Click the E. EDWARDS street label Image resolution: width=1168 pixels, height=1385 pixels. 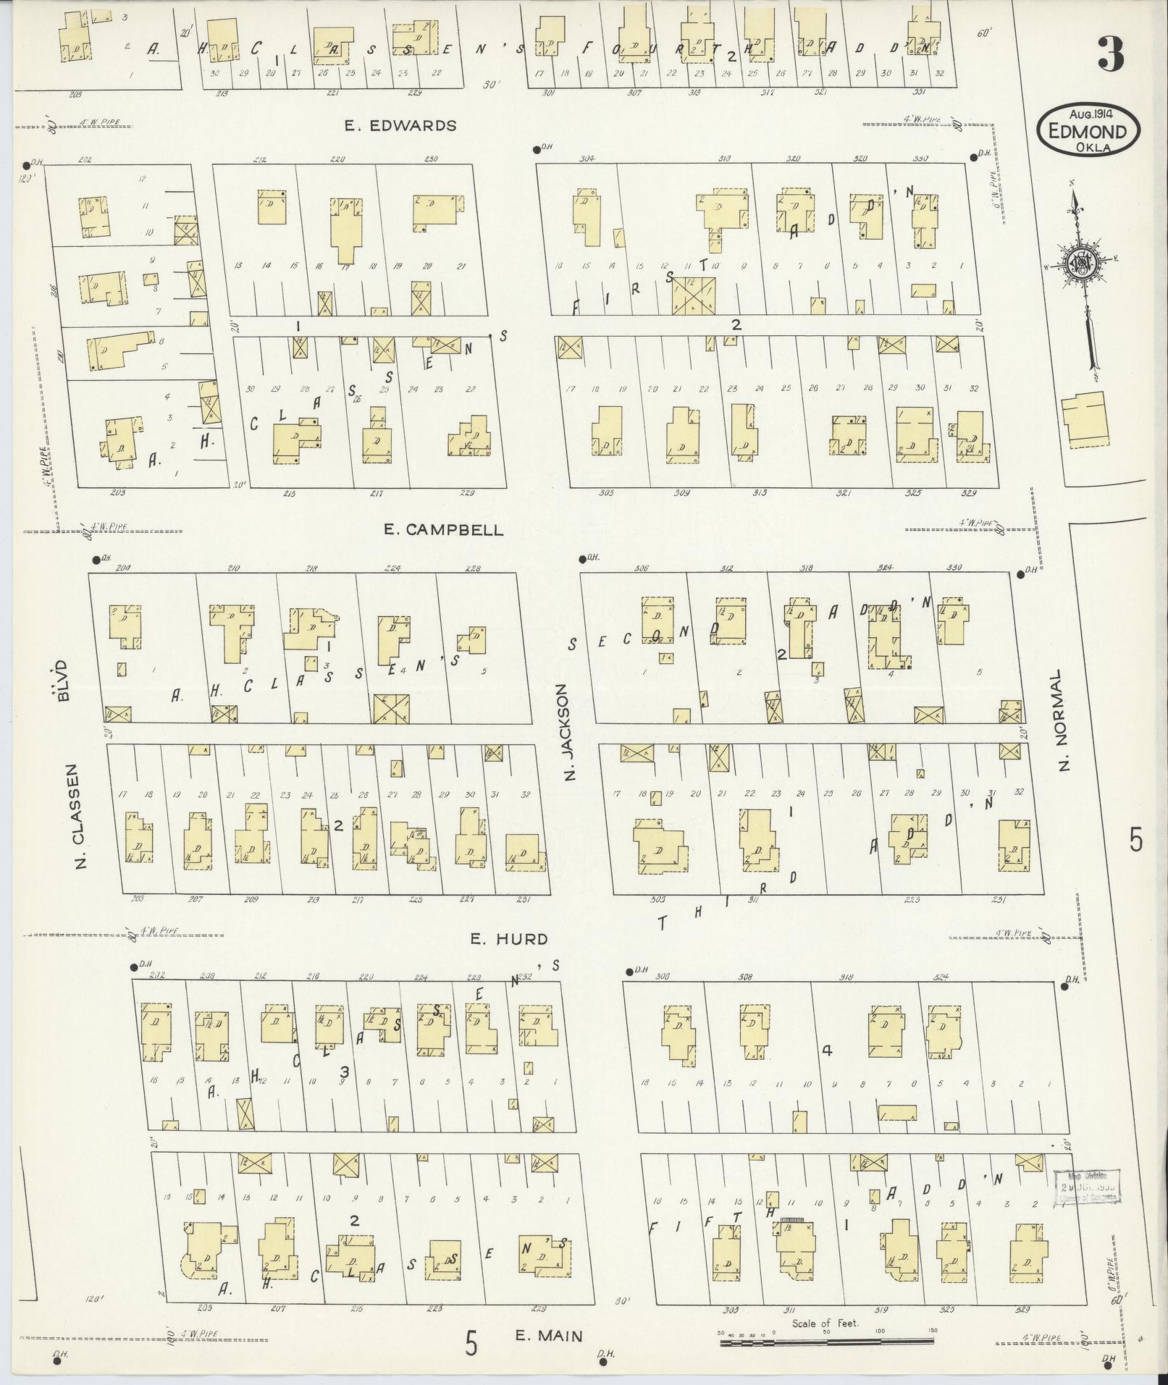(x=400, y=126)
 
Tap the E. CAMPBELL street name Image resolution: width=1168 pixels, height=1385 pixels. (x=443, y=530)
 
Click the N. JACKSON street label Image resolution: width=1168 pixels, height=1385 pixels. (x=568, y=733)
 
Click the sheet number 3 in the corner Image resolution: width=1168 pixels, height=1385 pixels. (x=1111, y=54)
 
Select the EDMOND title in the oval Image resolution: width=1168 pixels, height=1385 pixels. (x=1088, y=132)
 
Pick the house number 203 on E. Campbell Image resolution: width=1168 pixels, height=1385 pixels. (x=118, y=493)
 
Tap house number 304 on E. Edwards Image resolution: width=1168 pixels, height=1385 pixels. (x=586, y=159)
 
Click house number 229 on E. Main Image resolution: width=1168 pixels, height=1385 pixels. (x=538, y=1288)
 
